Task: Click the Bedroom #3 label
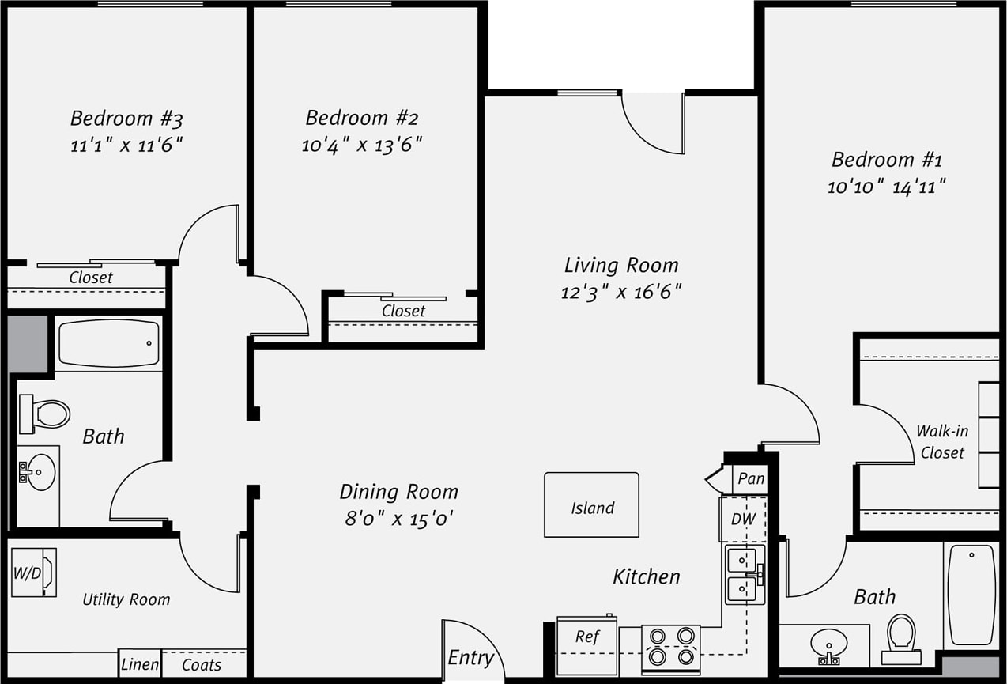[126, 119]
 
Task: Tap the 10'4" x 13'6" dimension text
[362, 145]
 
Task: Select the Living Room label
[621, 265]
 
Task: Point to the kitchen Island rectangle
[591, 505]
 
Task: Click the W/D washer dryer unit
[33, 572]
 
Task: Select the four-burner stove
[670, 648]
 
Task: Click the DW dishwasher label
[743, 520]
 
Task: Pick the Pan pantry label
[750, 478]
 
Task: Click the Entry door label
[470, 658]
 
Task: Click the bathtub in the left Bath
[109, 343]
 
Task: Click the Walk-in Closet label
[941, 442]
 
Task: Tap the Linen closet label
[140, 665]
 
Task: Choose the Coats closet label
[202, 665]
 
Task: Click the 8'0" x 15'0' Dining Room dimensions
[398, 519]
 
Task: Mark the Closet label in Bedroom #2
[403, 311]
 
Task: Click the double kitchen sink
[745, 573]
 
